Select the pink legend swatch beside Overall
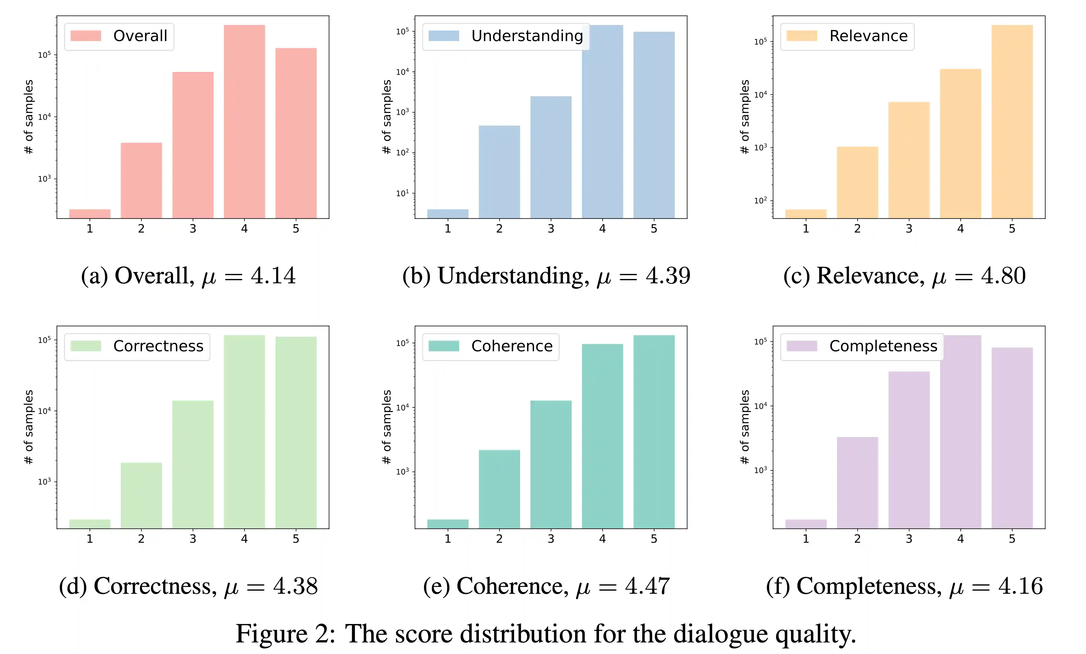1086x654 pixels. point(86,36)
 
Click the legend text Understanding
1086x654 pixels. point(527,36)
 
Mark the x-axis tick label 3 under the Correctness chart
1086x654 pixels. point(192,539)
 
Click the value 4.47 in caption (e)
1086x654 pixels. point(647,586)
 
